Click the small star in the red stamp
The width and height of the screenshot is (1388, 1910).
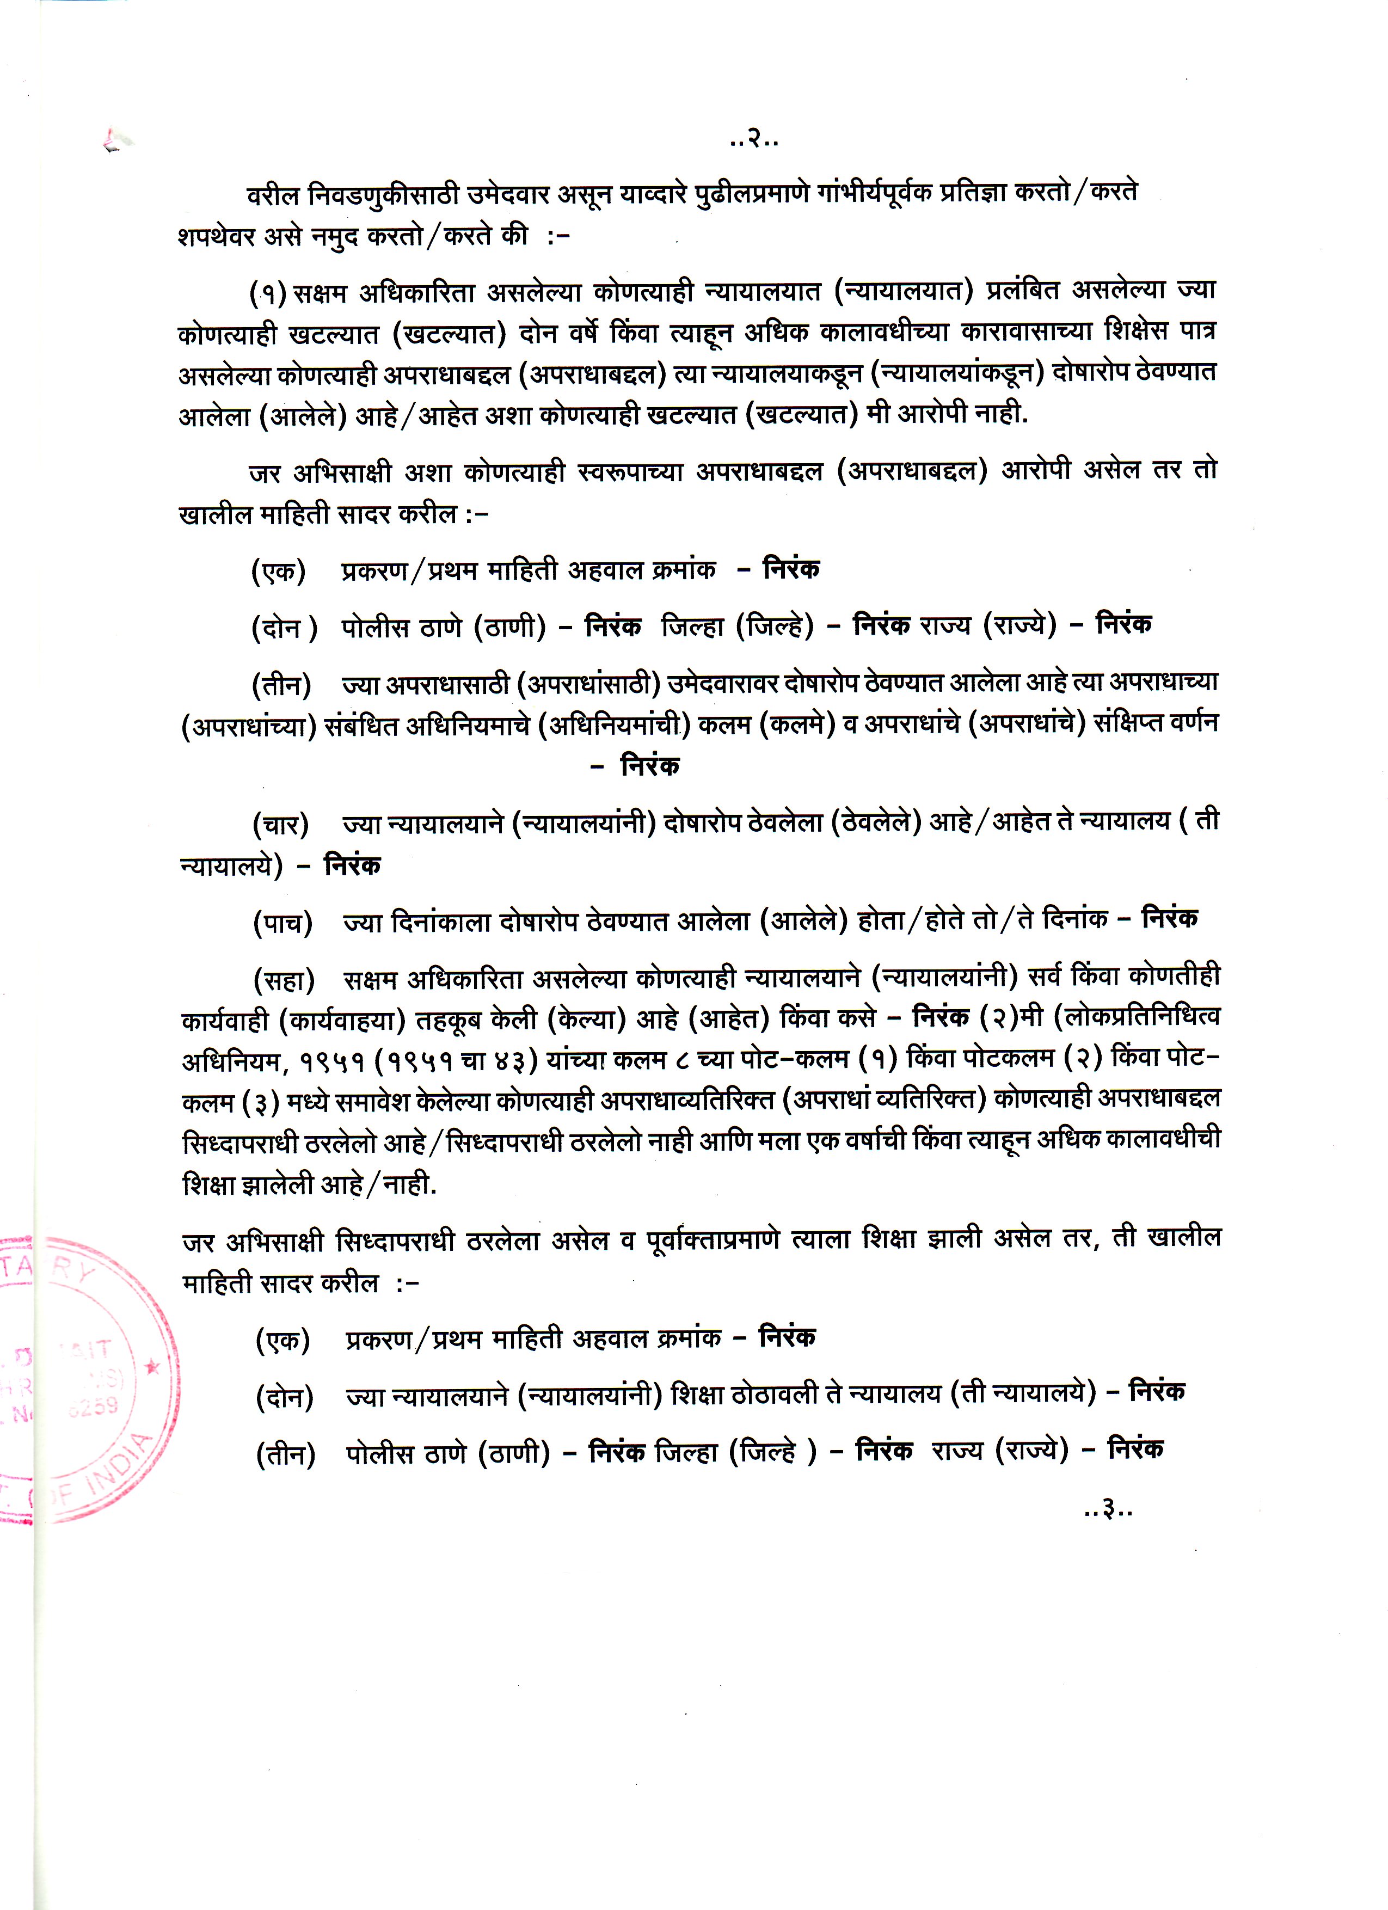(152, 1366)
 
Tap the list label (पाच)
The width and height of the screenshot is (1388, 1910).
(282, 924)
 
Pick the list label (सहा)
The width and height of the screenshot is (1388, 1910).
(284, 979)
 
